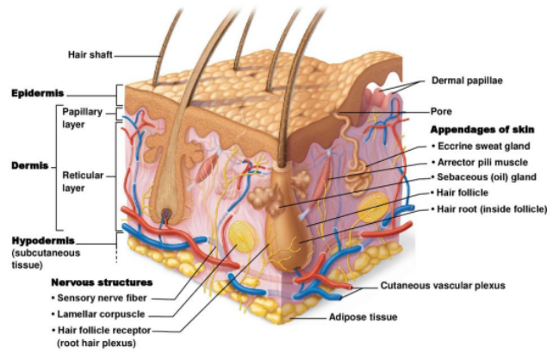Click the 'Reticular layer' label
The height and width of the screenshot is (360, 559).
click(83, 180)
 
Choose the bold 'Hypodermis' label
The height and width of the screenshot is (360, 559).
click(41, 239)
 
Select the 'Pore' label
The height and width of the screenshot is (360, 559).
click(441, 111)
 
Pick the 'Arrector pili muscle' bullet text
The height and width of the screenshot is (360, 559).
click(487, 161)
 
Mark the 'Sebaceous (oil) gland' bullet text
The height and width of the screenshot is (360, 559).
click(487, 177)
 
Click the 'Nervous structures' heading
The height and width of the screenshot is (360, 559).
click(102, 282)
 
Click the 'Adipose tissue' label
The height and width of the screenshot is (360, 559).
click(363, 317)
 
